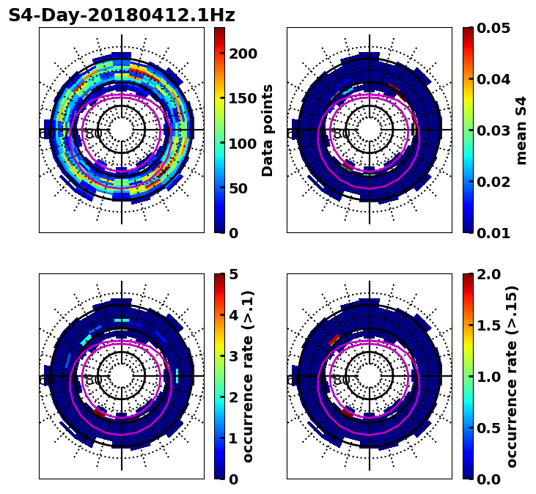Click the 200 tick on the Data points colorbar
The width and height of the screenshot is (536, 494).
point(243,54)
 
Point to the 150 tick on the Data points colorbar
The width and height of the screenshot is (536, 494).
point(243,98)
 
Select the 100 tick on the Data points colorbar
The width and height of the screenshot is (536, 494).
point(243,144)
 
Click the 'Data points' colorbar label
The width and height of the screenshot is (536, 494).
point(268,130)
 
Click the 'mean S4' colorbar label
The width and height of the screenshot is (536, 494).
point(521,130)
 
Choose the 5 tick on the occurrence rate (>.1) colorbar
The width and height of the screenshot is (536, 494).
point(234,274)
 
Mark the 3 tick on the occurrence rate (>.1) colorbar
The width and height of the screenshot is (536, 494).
point(234,356)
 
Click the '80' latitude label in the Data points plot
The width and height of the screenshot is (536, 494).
point(94,134)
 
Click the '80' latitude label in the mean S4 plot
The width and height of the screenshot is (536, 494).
point(342,134)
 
